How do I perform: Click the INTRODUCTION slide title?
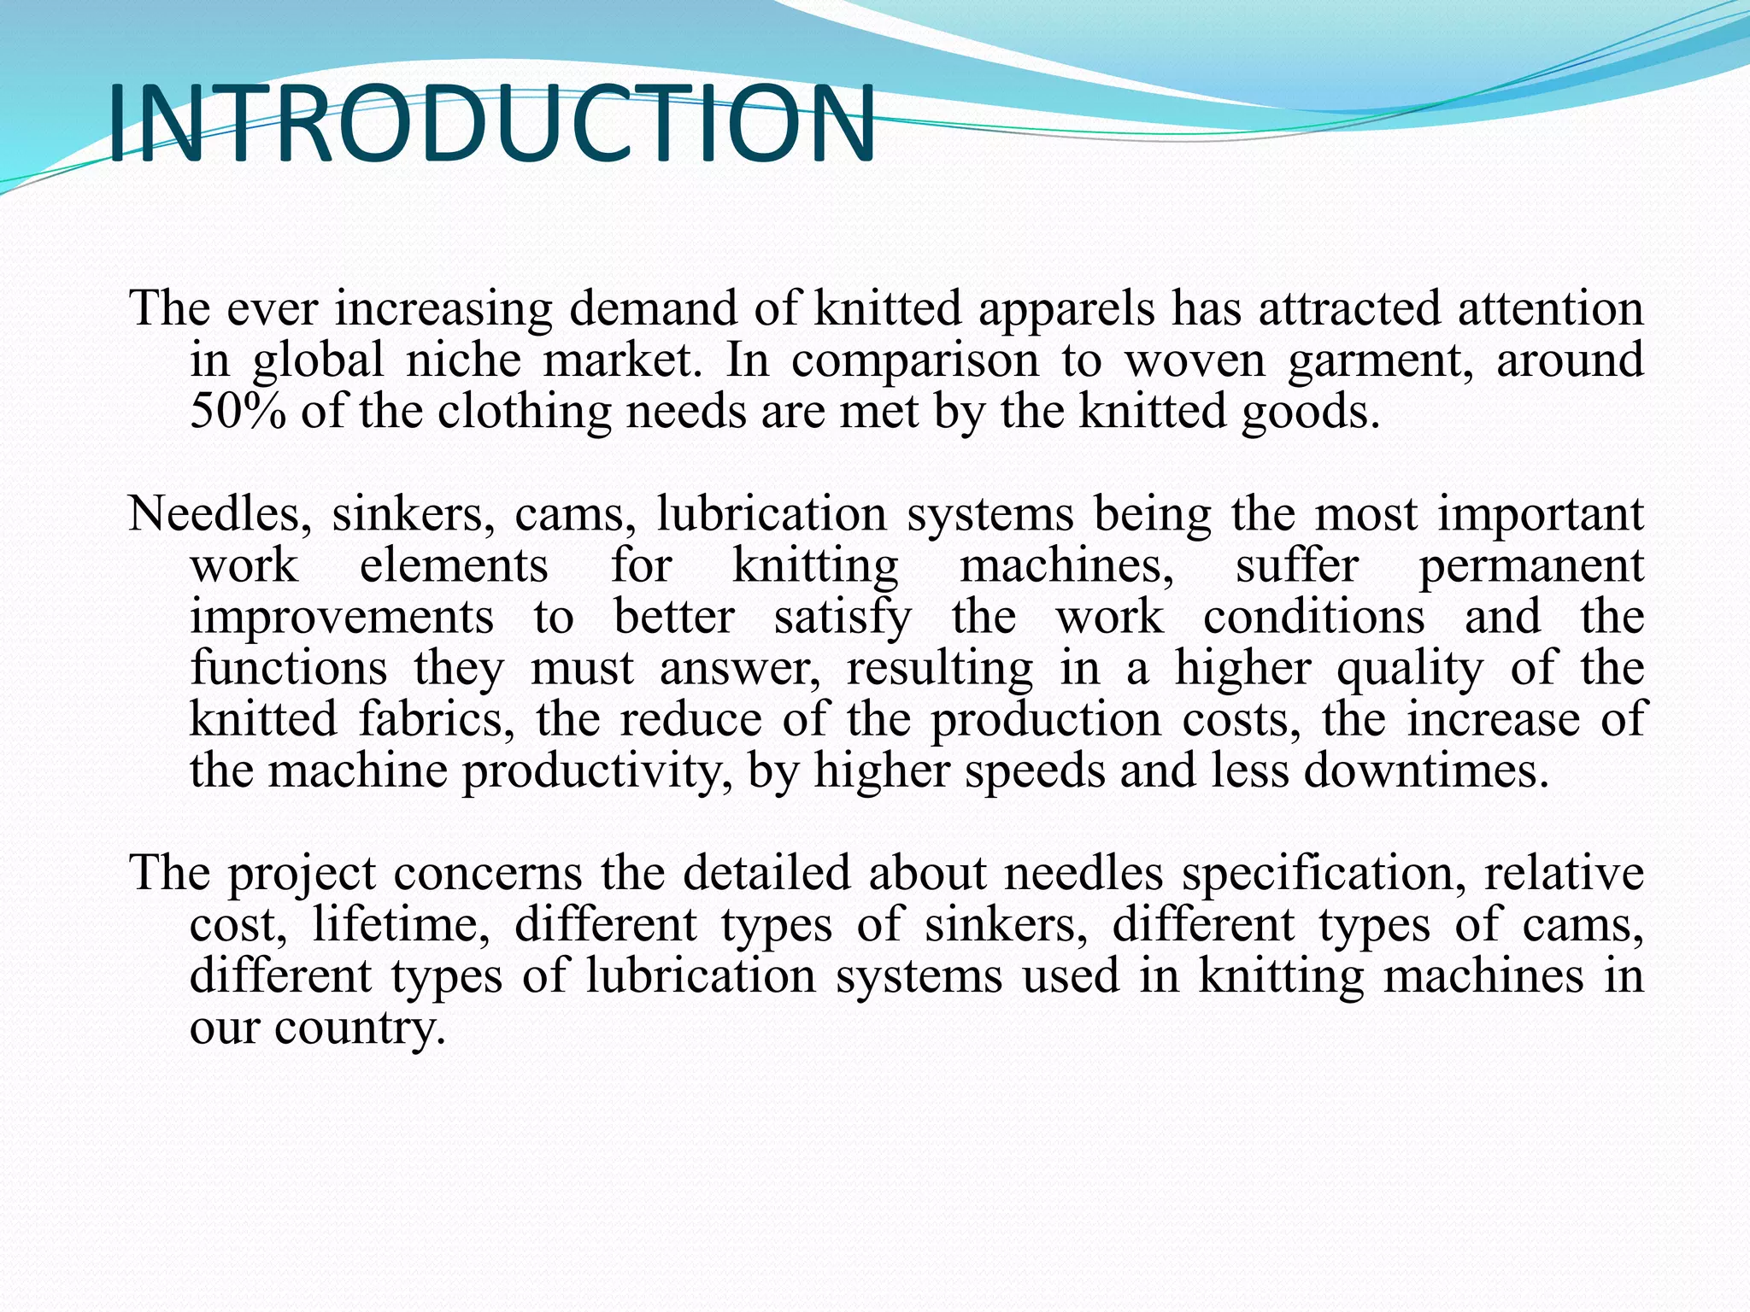(491, 124)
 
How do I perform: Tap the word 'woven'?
(1194, 360)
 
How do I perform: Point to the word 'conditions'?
(1314, 618)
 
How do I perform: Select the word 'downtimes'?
(1425, 771)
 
